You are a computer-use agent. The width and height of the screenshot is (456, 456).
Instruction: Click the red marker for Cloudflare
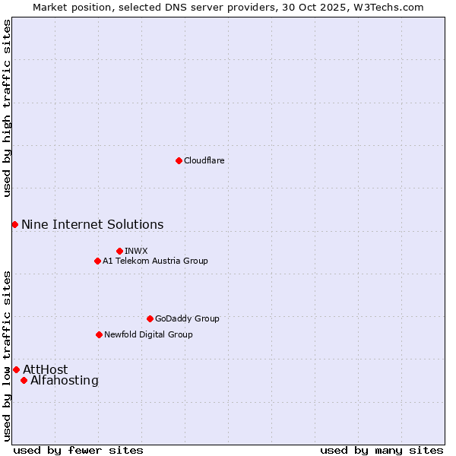179,160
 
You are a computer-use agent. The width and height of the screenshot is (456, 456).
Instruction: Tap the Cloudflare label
204,160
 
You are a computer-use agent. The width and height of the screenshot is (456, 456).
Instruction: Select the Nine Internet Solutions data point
14,224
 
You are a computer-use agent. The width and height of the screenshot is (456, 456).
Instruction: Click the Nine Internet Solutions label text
92,224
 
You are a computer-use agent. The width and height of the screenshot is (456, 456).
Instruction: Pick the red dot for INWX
119,251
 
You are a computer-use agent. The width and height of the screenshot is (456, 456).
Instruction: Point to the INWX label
136,251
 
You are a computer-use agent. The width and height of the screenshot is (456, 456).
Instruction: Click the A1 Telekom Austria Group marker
97,261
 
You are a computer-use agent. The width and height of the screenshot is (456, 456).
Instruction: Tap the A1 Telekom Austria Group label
155,261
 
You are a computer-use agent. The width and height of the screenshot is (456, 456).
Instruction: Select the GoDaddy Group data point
150,318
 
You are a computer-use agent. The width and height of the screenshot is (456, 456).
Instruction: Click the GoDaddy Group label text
186,318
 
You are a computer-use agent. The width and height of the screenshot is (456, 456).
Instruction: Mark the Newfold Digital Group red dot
99,334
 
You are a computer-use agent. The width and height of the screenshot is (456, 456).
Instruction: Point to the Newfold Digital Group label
148,334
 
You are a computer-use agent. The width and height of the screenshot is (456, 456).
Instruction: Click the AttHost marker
16,369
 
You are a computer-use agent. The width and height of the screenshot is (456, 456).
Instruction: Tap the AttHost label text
45,369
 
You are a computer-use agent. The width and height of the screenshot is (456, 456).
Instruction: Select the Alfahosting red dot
24,380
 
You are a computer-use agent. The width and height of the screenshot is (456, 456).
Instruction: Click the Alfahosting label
64,380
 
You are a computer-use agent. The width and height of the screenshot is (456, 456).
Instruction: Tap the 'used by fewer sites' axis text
78,450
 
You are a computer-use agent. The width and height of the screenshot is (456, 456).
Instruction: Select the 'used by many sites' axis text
382,450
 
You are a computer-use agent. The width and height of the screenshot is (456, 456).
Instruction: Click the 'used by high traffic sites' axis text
7,108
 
